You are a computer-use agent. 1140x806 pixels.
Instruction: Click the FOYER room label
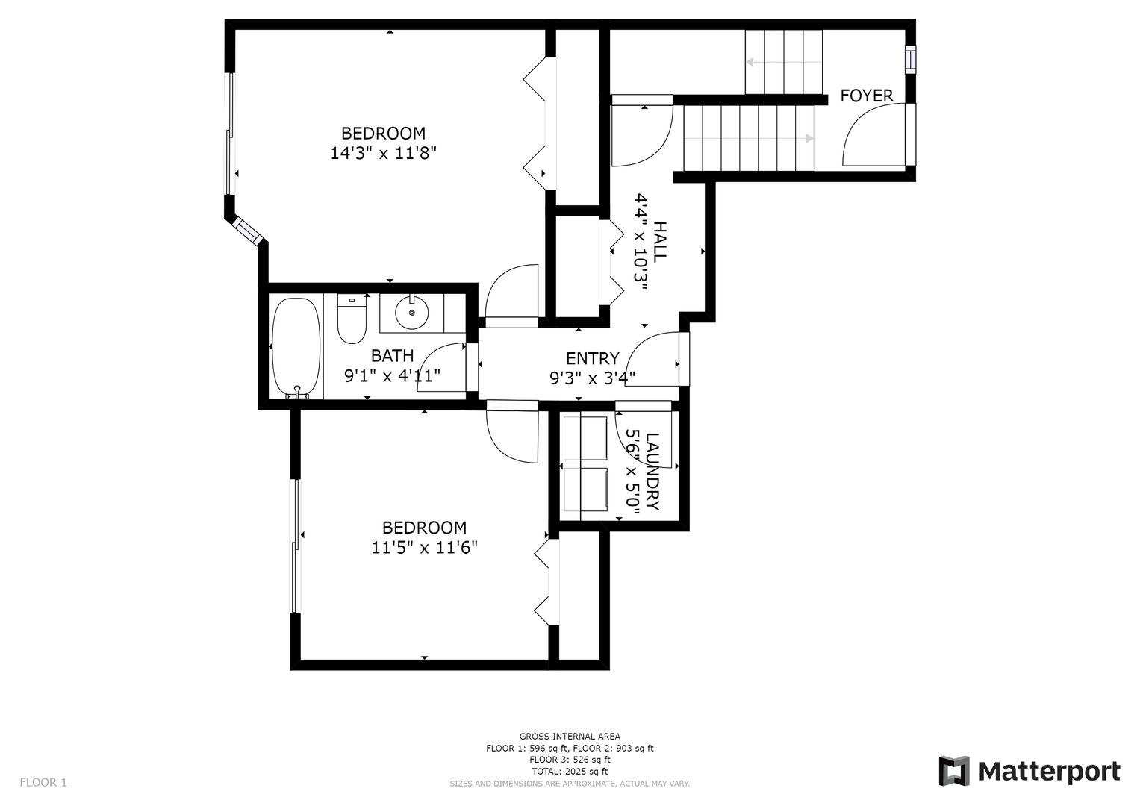click(x=866, y=96)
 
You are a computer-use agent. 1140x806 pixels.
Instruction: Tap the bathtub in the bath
click(x=296, y=348)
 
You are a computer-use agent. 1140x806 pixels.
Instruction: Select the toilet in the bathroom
click(x=352, y=319)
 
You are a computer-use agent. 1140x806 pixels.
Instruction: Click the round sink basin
click(x=411, y=313)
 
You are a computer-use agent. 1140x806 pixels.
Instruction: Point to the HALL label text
click(x=659, y=242)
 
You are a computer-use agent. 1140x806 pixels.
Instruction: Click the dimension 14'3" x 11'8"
click(x=384, y=153)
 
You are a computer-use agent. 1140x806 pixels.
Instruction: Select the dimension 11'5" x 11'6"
click(x=425, y=548)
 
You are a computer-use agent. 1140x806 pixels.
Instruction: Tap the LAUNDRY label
click(x=652, y=472)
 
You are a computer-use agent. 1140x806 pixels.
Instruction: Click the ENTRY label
click(x=593, y=359)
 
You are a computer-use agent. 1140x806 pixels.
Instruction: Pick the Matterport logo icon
click(x=954, y=771)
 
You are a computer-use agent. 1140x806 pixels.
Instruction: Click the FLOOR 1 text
click(x=43, y=783)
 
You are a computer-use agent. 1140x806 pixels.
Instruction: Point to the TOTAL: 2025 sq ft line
click(x=570, y=772)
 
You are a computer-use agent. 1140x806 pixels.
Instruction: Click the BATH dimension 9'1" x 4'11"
click(x=393, y=376)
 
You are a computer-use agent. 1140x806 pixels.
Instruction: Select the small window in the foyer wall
click(x=910, y=57)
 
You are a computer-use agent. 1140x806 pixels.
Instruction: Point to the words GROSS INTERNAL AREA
click(x=570, y=737)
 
